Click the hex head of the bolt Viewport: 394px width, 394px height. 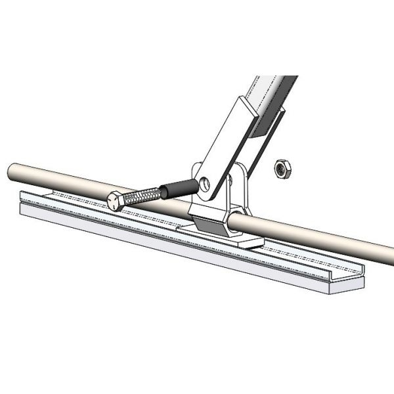point(114,200)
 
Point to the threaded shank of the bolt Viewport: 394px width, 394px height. point(141,194)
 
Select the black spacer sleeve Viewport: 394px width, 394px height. point(176,188)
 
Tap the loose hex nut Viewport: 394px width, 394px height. point(282,168)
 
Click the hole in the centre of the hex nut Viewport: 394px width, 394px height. point(282,168)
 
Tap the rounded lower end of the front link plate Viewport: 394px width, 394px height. point(207,194)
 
